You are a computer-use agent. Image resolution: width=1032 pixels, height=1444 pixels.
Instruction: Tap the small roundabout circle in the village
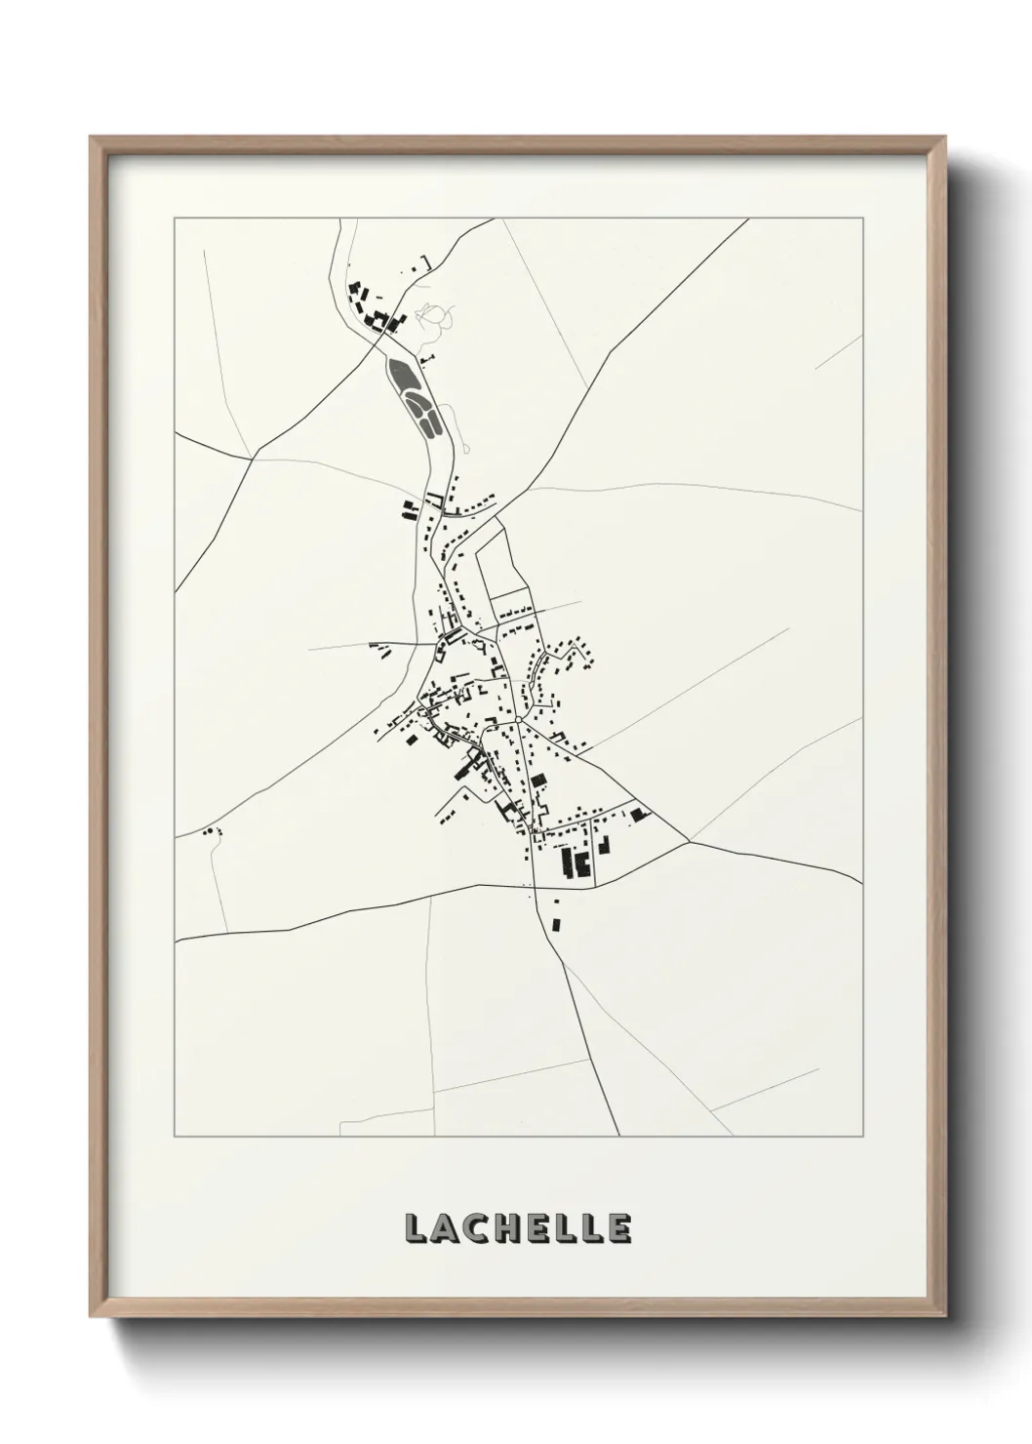point(519,720)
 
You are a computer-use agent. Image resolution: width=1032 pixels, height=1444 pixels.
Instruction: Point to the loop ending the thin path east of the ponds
point(467,449)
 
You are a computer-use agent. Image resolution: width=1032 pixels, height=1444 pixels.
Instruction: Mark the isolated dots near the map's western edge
point(210,831)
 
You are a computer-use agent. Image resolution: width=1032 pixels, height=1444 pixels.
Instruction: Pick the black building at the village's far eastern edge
point(639,813)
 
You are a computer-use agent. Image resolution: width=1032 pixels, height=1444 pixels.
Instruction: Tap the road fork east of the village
point(689,841)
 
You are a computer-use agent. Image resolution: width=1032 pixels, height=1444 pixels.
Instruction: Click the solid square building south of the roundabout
point(537,780)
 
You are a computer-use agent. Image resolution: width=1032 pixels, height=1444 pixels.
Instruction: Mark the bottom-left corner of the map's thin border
point(175,1136)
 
